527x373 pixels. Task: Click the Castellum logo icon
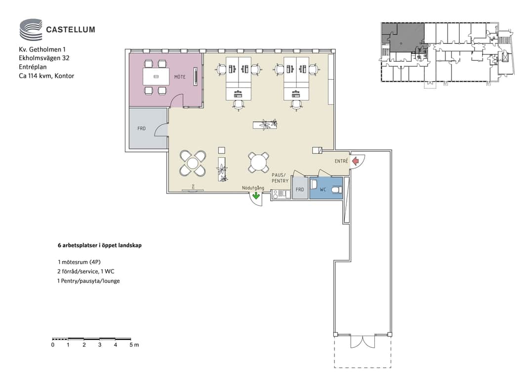click(31, 30)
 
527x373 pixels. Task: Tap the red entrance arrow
click(355, 162)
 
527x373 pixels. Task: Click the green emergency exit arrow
click(256, 195)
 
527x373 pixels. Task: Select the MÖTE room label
click(180, 77)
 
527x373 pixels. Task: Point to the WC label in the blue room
click(323, 190)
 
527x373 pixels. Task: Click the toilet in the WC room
click(336, 190)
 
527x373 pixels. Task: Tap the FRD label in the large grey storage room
click(141, 129)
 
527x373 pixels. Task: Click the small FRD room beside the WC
click(300, 188)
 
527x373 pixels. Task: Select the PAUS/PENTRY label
click(280, 178)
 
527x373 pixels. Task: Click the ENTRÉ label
click(341, 161)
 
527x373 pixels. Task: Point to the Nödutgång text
click(253, 188)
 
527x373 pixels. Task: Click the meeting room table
click(156, 77)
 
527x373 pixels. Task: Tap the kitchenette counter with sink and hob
click(281, 194)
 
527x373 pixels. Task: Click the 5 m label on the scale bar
click(134, 345)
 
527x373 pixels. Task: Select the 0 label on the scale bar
click(53, 345)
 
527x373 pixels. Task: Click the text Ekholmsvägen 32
click(44, 58)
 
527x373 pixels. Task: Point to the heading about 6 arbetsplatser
click(99, 245)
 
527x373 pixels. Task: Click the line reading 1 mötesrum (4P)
click(79, 262)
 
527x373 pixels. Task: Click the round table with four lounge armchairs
click(193, 164)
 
